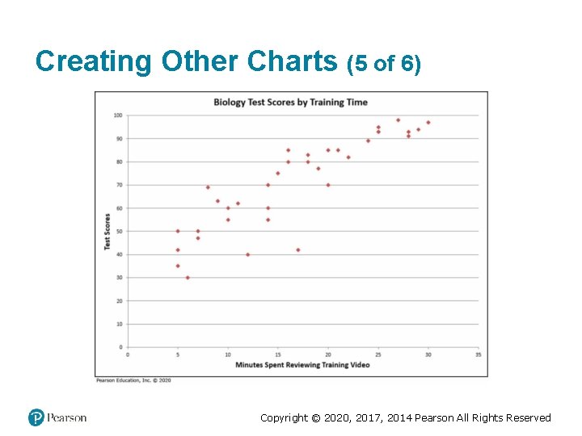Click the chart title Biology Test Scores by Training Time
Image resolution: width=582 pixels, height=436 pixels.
tap(289, 103)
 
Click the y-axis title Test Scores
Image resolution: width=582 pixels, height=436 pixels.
tap(108, 231)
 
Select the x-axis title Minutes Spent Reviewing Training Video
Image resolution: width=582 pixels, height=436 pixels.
tap(302, 365)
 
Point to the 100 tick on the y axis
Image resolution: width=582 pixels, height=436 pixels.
tap(117, 115)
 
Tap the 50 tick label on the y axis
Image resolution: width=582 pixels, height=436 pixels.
tap(118, 232)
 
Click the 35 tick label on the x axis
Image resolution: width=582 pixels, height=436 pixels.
tap(478, 354)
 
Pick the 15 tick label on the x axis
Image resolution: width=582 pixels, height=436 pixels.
tap(278, 354)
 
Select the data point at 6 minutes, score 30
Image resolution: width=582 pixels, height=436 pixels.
tap(188, 278)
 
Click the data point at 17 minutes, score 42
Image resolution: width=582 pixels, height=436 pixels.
tap(297, 249)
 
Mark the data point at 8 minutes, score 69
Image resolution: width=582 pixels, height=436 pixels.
tap(208, 187)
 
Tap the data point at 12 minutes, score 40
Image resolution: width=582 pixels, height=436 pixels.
tap(247, 254)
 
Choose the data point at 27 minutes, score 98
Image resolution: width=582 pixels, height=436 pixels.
tap(398, 120)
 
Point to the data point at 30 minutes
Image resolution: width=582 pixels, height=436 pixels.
tap(428, 123)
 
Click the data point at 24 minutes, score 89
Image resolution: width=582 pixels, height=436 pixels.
tap(368, 140)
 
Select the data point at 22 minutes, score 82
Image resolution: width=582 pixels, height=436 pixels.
tap(348, 157)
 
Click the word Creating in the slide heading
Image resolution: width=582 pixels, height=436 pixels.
tap(94, 61)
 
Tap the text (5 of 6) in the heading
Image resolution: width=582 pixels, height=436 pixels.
tap(383, 64)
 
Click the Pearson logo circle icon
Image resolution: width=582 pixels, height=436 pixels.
tap(36, 417)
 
